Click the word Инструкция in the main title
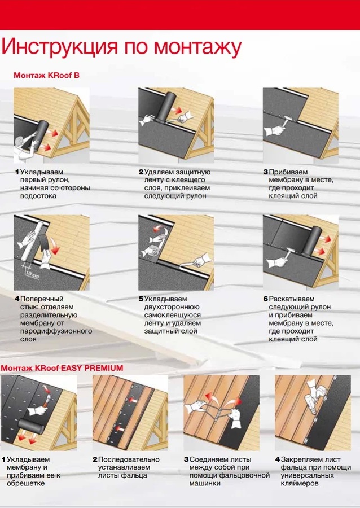pyautogui.click(x=60, y=47)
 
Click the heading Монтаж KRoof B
pyautogui.click(x=46, y=76)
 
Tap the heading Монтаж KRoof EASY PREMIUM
pyautogui.click(x=62, y=368)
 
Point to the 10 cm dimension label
pyautogui.click(x=32, y=275)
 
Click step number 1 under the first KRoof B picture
pyautogui.click(x=17, y=172)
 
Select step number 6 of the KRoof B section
pyautogui.click(x=266, y=299)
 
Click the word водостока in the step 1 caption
pyautogui.click(x=38, y=196)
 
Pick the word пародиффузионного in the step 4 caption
pyautogui.click(x=56, y=331)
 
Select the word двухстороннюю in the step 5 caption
pyautogui.click(x=172, y=307)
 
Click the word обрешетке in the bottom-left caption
pyautogui.click(x=25, y=483)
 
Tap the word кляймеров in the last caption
pyautogui.click(x=300, y=483)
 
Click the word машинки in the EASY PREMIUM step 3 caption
pyautogui.click(x=205, y=483)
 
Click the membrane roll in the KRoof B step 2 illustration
pyautogui.click(x=166, y=107)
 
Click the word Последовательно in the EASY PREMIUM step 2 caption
pyautogui.click(x=129, y=459)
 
